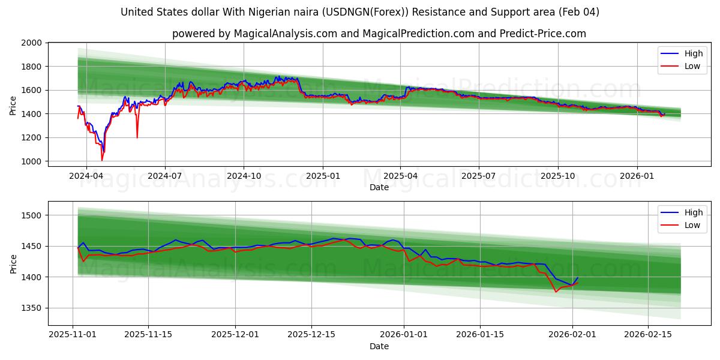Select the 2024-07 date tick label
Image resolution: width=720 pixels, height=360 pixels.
[x=165, y=176]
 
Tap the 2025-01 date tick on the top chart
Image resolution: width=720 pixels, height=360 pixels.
[x=323, y=176]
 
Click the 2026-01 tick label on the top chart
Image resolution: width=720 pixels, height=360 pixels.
[x=637, y=176]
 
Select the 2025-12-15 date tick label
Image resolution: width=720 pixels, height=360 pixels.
[x=311, y=334]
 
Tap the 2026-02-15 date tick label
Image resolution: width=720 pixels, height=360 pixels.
[x=648, y=334]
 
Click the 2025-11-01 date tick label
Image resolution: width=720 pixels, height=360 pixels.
[x=73, y=334]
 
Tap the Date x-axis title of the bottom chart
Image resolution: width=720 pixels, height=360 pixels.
[x=379, y=346]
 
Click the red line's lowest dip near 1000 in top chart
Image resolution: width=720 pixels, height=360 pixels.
[x=102, y=160]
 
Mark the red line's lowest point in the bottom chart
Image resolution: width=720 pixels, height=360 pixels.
[x=556, y=292]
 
